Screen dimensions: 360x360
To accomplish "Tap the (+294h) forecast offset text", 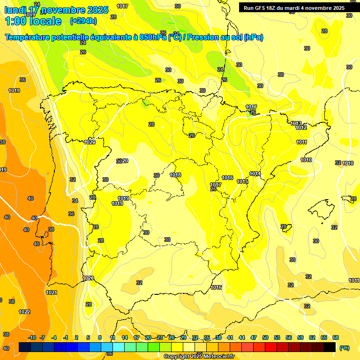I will (x=83, y=21).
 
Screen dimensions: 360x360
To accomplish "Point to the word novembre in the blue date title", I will (x=63, y=10).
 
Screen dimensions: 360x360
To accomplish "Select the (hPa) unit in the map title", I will (x=253, y=37).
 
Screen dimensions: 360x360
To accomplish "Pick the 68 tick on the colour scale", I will (x=336, y=337).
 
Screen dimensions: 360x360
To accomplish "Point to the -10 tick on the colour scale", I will (x=32, y=337).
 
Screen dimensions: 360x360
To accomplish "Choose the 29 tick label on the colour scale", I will (x=183, y=337).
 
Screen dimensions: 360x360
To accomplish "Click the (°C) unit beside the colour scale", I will (x=344, y=348).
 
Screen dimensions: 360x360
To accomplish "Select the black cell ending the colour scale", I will (x=330, y=347).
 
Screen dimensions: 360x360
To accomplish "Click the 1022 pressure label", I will (x=24, y=312).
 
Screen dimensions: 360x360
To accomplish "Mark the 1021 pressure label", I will (x=52, y=292).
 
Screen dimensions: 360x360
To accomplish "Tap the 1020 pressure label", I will (x=88, y=278).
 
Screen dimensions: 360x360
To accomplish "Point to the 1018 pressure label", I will (x=175, y=175).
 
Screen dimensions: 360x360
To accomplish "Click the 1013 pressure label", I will (x=295, y=123).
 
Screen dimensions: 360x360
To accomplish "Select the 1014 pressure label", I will (x=255, y=173).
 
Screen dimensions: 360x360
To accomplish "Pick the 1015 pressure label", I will (x=242, y=181).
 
